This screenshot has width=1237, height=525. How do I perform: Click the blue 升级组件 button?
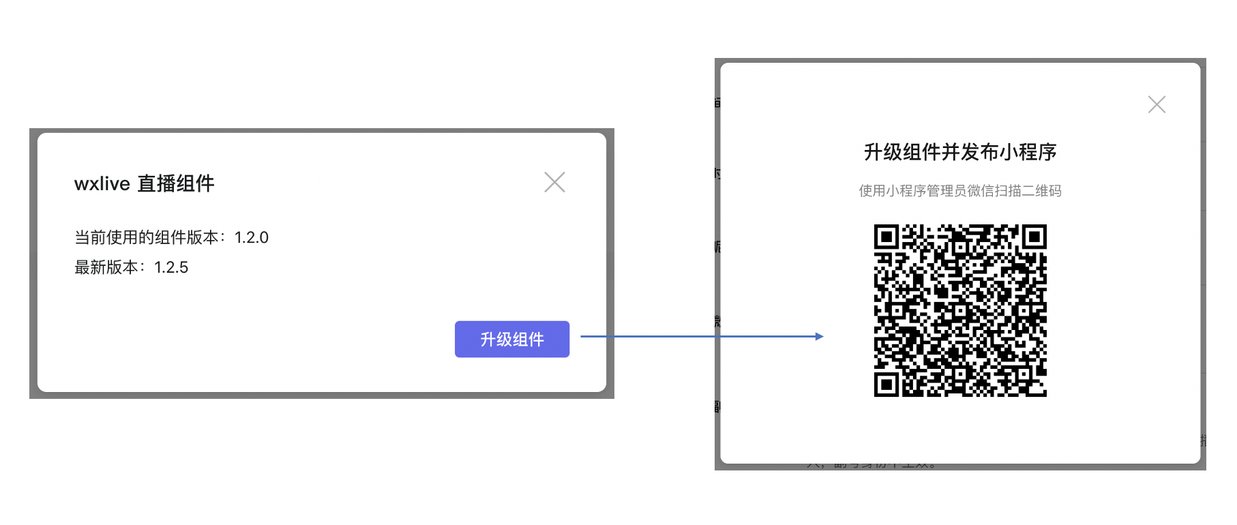tap(511, 339)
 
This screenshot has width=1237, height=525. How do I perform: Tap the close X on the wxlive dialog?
tap(554, 182)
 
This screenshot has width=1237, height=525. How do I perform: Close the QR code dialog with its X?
tap(1157, 104)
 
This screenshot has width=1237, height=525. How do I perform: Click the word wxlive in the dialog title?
tap(102, 183)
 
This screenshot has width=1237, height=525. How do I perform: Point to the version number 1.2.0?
tap(252, 237)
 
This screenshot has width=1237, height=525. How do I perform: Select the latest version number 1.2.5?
tap(171, 267)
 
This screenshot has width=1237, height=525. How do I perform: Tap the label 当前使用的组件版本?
tap(146, 237)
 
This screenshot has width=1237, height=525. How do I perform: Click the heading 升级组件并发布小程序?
tap(960, 152)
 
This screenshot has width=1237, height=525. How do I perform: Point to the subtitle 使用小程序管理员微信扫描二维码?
tap(960, 191)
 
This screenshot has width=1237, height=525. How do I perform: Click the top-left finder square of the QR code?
tap(886, 237)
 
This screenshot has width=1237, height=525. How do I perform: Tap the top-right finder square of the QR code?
tap(1034, 237)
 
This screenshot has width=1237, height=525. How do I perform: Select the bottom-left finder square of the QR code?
tap(886, 384)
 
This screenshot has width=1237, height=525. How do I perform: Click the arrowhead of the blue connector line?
tap(819, 336)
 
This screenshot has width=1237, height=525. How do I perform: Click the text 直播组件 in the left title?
tap(176, 183)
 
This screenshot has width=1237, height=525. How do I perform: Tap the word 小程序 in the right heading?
tap(1028, 152)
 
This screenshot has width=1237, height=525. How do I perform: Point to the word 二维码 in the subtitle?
tap(1041, 191)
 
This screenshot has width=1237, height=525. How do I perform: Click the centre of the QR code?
tap(960, 310)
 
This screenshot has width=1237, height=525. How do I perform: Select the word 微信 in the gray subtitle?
tap(980, 191)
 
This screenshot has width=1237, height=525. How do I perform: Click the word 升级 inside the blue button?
tap(496, 340)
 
